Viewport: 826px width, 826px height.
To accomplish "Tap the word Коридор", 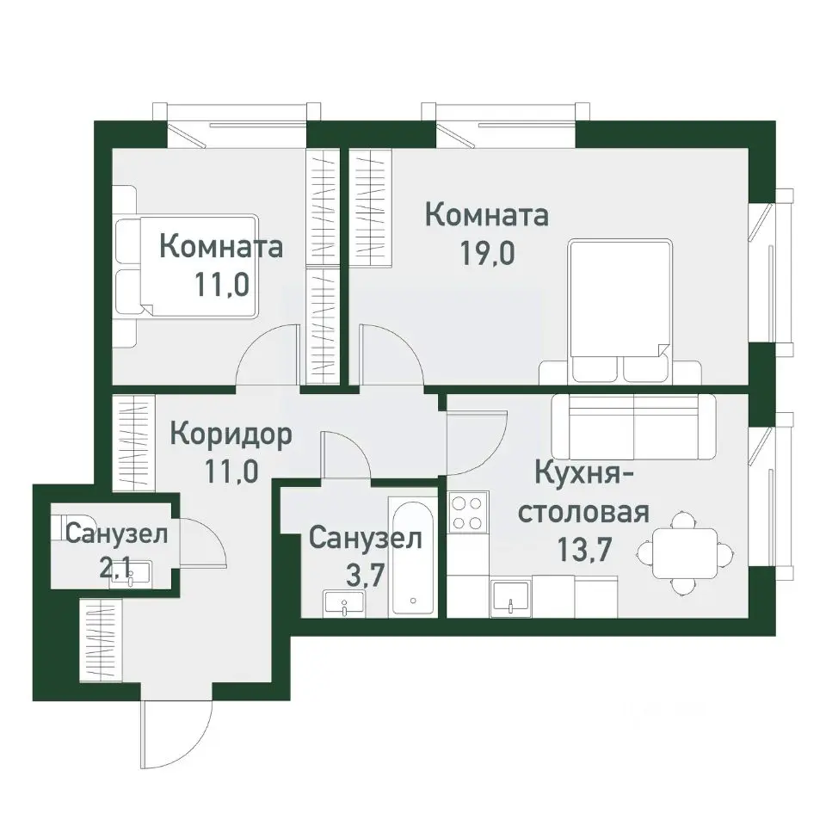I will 231,434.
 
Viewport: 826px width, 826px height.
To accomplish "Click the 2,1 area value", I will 118,567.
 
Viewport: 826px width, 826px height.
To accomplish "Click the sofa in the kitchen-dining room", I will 633,428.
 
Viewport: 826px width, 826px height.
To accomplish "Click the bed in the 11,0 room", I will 186,265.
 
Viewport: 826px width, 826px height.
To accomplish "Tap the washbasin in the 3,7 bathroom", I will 344,603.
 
